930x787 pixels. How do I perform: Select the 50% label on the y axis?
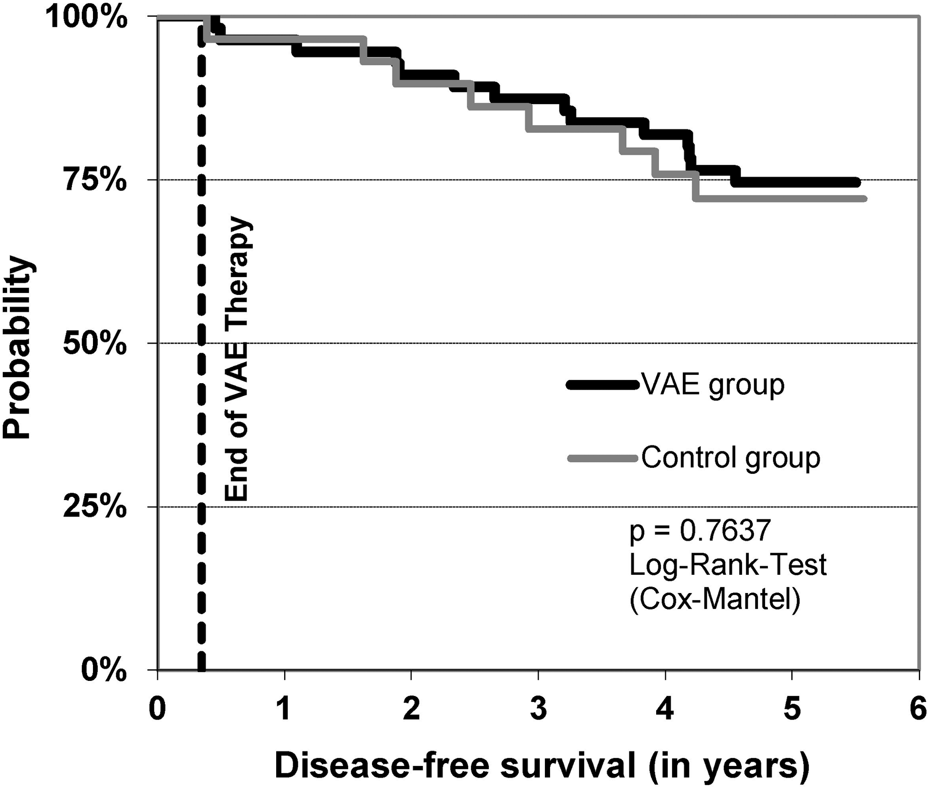click(x=95, y=344)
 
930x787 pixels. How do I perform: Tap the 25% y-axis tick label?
click(x=95, y=507)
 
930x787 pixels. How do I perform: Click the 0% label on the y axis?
click(x=104, y=671)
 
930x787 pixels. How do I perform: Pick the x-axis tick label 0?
click(x=157, y=709)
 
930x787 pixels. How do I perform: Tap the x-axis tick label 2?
click(x=411, y=709)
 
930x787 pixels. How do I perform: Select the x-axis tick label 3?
click(x=538, y=709)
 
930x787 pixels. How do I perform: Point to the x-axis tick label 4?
click(x=665, y=709)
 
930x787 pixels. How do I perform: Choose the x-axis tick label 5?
click(x=792, y=709)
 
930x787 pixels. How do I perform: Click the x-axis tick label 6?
click(x=919, y=709)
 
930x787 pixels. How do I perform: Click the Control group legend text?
click(x=731, y=457)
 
